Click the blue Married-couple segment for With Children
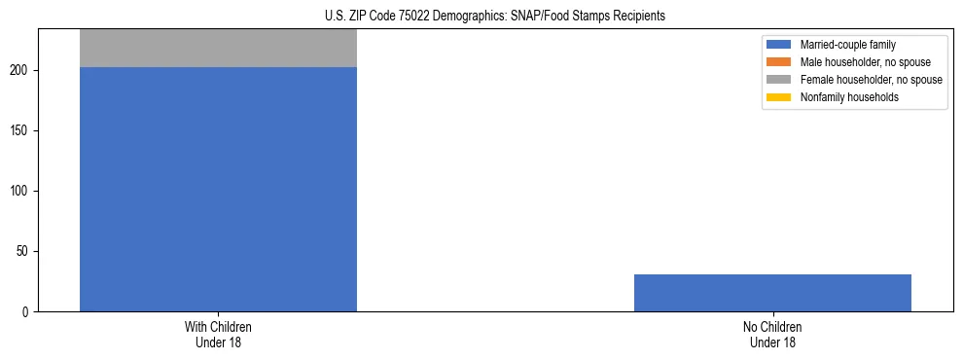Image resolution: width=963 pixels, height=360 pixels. click(218, 189)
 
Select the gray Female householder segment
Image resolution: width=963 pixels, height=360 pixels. click(218, 48)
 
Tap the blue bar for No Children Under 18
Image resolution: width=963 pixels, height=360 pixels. click(772, 293)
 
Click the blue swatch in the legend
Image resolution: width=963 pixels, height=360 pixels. click(779, 45)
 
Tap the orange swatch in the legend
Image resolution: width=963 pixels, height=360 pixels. click(779, 62)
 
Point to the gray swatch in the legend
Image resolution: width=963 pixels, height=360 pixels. click(779, 80)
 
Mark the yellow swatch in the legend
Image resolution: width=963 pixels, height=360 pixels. click(779, 97)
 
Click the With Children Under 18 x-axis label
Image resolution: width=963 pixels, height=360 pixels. click(218, 335)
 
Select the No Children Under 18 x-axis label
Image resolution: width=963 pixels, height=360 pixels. click(772, 335)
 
